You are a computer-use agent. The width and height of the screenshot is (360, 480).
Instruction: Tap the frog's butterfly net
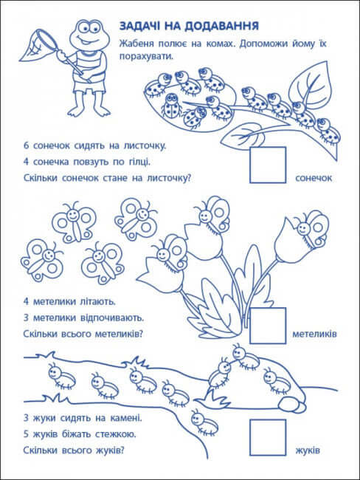tap(39, 43)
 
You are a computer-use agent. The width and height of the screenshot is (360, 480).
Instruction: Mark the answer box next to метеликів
tap(267, 325)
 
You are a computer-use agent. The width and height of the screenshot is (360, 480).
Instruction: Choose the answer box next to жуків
tap(267, 437)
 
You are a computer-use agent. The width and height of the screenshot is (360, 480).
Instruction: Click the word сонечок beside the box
tap(314, 179)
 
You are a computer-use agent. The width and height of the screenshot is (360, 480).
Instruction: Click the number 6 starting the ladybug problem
tap(26, 145)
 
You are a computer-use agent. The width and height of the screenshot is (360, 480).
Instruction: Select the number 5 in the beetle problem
tap(26, 433)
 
